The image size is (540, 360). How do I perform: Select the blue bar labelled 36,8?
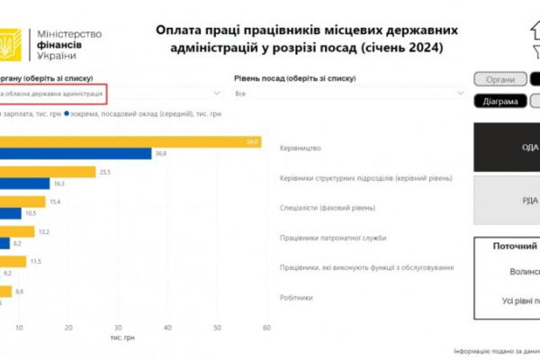point(76,154)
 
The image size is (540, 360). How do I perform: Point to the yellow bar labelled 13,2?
point(17,231)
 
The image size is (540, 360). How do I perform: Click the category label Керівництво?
point(301,148)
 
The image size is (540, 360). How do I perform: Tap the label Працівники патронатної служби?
point(333,238)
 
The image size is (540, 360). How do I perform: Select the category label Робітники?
point(297,297)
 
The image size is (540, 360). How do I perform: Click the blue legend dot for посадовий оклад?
point(67,114)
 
